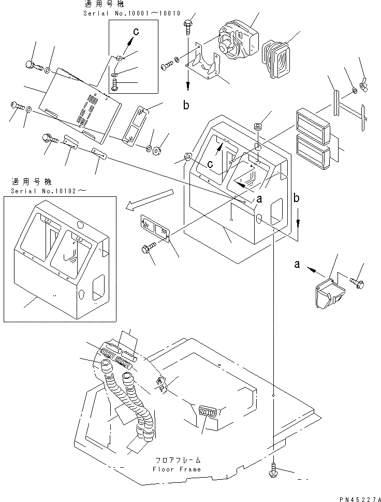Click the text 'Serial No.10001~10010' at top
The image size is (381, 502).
pyautogui.click(x=131, y=13)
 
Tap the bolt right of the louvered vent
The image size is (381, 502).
pyautogui.click(x=358, y=282)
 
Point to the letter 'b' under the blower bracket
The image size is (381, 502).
pyautogui.click(x=185, y=106)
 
